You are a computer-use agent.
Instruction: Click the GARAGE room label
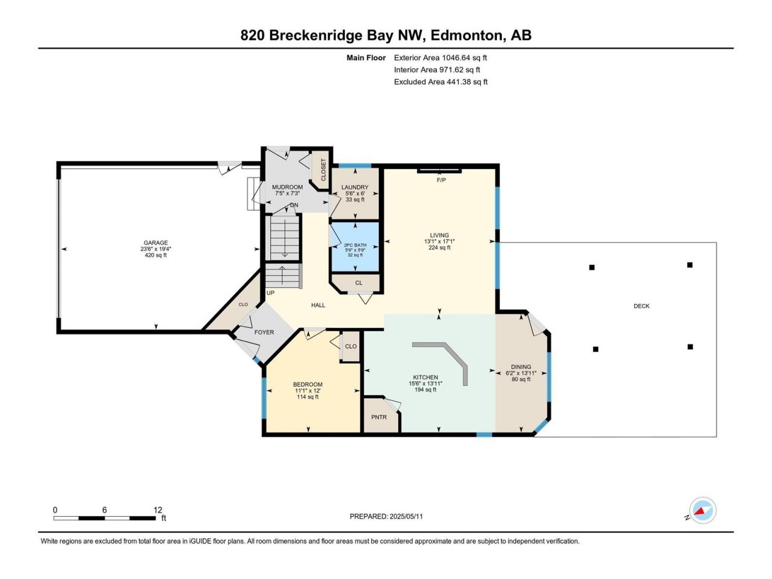coord(156,242)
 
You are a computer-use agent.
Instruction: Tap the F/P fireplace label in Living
coord(441,180)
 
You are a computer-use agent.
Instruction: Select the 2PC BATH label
coord(355,245)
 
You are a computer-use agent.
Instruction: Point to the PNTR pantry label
coord(379,417)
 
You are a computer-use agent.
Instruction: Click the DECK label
coord(642,306)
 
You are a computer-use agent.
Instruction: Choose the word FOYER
coord(264,332)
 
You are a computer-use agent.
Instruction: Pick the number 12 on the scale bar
coord(158,510)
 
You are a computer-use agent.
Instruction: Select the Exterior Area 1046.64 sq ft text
coord(440,58)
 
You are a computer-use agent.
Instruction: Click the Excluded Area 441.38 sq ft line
coord(441,82)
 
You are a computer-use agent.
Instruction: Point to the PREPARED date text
coord(386,516)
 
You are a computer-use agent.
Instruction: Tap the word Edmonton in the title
coord(466,36)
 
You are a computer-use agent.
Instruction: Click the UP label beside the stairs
coord(270,293)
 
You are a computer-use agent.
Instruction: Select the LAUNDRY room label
coord(355,188)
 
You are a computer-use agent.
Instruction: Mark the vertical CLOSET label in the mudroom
coord(323,170)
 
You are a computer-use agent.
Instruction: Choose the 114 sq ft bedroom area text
coord(308,397)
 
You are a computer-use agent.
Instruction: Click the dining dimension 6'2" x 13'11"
coord(521,373)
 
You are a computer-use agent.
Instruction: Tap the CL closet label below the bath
coord(359,283)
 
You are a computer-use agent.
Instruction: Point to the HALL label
coord(318,305)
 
